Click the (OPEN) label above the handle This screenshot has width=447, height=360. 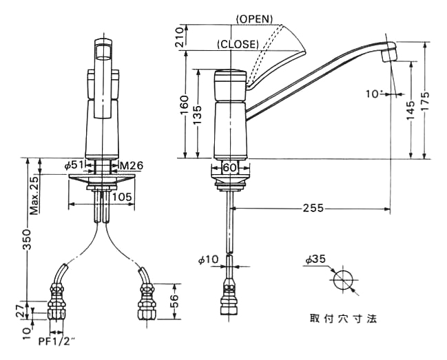[x=255, y=19]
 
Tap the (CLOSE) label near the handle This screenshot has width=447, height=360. [x=238, y=44]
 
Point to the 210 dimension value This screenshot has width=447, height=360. [x=180, y=37]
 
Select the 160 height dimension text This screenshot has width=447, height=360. [x=184, y=105]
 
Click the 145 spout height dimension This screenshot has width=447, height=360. [x=410, y=111]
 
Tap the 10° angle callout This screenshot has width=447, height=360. [x=374, y=94]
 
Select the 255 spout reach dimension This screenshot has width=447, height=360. [x=313, y=208]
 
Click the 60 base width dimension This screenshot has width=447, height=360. [x=230, y=167]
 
